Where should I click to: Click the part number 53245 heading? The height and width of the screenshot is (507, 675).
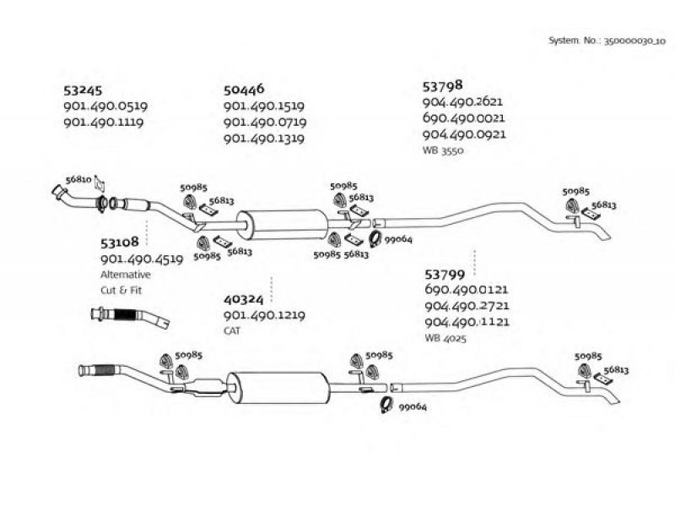click(82, 90)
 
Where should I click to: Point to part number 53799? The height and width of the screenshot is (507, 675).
click(443, 275)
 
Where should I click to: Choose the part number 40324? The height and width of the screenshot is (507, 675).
click(244, 299)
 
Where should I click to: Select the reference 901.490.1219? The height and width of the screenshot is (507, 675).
click(264, 315)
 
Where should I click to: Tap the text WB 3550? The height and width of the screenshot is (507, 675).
click(443, 150)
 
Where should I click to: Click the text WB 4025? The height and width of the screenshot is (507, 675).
click(445, 338)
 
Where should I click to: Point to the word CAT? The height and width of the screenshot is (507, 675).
click(233, 331)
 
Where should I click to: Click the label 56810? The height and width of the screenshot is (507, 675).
click(78, 180)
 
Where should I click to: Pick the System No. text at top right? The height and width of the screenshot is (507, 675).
click(607, 40)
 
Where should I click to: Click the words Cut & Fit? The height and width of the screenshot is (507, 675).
click(122, 291)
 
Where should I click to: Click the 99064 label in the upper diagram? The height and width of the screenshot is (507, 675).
click(397, 240)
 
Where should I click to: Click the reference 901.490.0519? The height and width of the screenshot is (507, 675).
click(105, 106)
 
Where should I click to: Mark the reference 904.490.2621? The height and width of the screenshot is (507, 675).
click(463, 101)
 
